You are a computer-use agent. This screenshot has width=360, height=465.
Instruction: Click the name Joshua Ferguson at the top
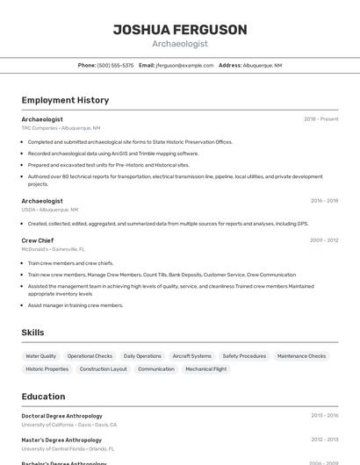pos(180,30)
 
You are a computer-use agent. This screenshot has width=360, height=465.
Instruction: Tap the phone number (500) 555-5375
pos(115,65)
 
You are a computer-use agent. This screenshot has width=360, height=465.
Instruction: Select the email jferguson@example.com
pos(184,65)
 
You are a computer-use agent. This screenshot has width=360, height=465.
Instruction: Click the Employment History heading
pos(65,100)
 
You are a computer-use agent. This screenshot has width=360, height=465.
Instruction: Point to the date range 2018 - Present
pos(320,119)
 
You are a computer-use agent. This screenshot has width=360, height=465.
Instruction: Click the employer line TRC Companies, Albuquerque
pos(61,128)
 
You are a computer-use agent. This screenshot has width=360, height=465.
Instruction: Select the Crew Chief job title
pos(38,240)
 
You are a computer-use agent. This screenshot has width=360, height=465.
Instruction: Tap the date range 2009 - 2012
pos(323,240)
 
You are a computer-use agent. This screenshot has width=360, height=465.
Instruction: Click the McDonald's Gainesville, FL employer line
pos(54,249)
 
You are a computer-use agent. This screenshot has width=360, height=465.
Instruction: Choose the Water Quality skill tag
pos(40,356)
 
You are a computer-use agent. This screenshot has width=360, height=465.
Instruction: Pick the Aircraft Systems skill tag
pos(191,356)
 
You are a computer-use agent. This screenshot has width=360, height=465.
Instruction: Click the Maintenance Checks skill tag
pos(301,356)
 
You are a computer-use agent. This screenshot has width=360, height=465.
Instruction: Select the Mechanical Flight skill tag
pos(205,369)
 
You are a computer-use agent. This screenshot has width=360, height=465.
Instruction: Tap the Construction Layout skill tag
pos(103,369)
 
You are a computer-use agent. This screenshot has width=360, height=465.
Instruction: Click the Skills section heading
pos(32,333)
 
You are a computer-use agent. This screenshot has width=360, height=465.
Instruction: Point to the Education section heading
pos(43,397)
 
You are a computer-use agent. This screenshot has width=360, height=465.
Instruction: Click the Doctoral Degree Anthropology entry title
pos(61,416)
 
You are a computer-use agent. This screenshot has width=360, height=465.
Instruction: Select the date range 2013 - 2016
pos(324,416)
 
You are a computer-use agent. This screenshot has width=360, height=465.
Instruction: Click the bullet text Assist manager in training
pos(76,305)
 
